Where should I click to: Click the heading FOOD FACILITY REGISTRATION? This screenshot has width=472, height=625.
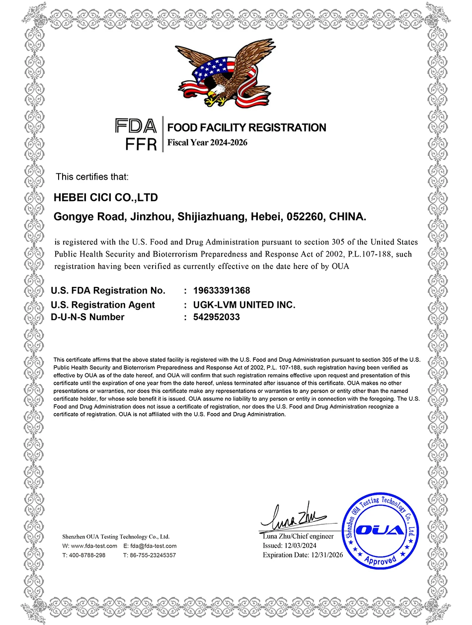pos(246,128)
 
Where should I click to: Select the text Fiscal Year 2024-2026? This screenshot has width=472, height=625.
pos(207,143)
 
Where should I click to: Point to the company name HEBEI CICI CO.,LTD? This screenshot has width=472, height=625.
pos(105,198)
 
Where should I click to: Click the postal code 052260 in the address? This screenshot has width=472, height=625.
pos(302,217)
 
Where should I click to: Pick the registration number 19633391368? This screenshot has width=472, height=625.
pos(222,290)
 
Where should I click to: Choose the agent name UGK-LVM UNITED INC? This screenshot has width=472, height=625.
pos(244,305)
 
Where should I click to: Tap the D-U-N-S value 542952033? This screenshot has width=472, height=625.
pos(216,317)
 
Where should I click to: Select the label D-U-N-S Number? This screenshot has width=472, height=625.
pos(87,317)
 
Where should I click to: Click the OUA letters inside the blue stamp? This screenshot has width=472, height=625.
pos(380,530)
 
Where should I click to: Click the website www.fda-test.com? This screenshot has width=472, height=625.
pos(93,546)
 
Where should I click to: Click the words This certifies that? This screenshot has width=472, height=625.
pos(92,177)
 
